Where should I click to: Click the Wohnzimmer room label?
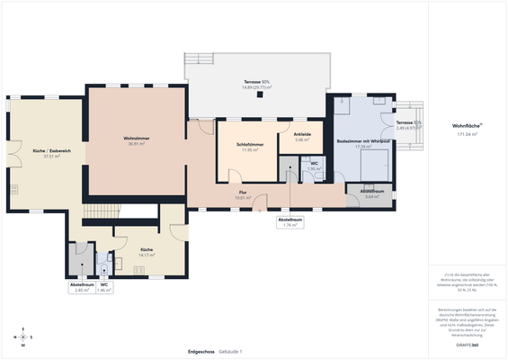coord(136,138)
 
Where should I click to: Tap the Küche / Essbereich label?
coord(45,150)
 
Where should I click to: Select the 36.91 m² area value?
coord(136,144)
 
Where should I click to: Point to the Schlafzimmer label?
coord(250,144)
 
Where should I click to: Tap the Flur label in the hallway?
coord(242,193)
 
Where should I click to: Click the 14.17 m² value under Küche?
coord(147,255)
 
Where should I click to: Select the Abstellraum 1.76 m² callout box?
coord(290,222)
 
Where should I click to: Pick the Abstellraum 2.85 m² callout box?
coord(82,288)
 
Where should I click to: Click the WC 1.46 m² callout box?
coord(104,288)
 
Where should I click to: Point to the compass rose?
coord(23,337)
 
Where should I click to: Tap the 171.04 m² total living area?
coord(467,133)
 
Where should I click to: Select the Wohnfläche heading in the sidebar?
coord(467,126)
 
